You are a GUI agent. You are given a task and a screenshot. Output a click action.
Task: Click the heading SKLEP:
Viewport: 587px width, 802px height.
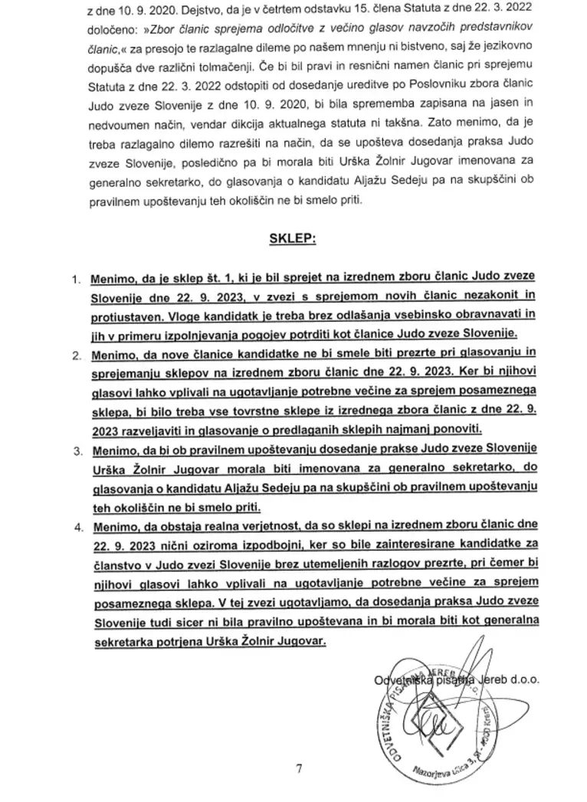[x=293, y=238]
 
